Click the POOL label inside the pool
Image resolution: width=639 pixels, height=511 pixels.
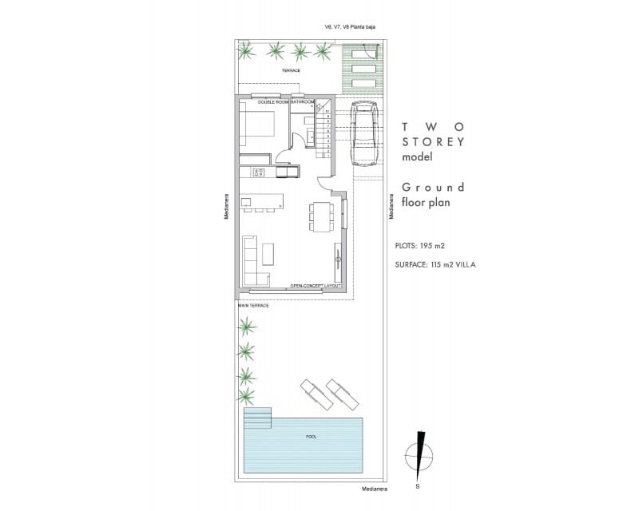click(x=312, y=437)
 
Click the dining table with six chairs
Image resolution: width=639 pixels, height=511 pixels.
click(x=321, y=216)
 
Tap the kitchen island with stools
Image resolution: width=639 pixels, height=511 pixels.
click(x=263, y=201)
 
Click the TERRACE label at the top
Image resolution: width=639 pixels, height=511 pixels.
click(x=291, y=72)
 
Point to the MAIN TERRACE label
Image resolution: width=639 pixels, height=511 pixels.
click(x=253, y=305)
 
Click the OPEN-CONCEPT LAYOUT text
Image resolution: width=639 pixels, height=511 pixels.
click(x=316, y=285)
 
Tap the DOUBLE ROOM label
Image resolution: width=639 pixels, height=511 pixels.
click(x=272, y=102)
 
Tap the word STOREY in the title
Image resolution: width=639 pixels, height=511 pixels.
click(x=433, y=141)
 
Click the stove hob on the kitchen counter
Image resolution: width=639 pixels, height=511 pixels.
click(x=258, y=172)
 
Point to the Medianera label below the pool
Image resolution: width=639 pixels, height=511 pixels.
click(x=374, y=489)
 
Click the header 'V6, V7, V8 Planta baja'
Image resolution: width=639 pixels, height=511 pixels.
click(x=350, y=26)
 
